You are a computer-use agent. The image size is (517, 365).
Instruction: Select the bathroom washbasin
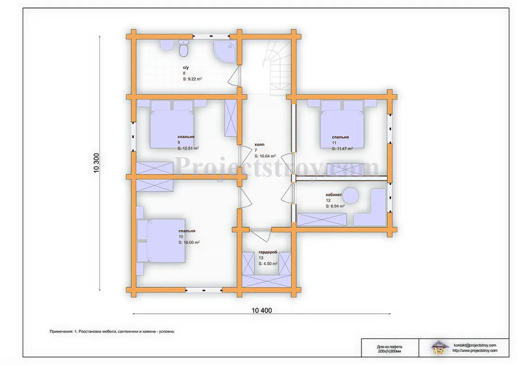167,46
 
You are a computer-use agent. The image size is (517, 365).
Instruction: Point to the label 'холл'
259,144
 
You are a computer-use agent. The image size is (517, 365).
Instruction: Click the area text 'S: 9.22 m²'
192,79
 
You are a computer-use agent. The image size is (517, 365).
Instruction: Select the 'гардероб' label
268,252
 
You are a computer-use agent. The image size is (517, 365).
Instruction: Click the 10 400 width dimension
261,311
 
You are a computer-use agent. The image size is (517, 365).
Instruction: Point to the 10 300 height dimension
96,163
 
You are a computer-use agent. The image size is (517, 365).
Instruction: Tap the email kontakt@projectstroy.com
475,345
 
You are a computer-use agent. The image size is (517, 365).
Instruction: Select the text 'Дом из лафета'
390,347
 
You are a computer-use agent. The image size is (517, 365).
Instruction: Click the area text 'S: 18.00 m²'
189,242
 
